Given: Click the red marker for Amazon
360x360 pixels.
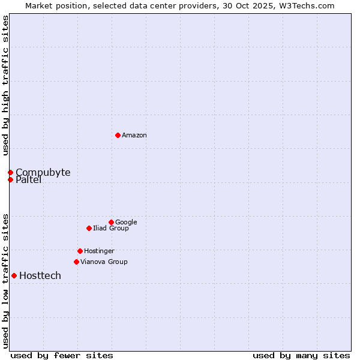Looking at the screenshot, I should [118, 135].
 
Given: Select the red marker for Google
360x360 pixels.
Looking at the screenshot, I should [111, 222].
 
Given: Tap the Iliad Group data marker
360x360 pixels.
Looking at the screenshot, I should [89, 228].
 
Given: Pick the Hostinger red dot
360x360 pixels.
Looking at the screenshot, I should [80, 251].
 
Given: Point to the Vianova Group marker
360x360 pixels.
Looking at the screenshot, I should [76, 262].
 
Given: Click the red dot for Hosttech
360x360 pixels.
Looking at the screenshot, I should [14, 275].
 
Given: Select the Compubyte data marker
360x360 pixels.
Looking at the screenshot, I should [10, 172].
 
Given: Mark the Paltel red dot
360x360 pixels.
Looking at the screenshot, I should [10, 179].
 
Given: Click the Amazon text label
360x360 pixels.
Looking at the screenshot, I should [134, 136].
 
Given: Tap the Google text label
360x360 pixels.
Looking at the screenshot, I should [126, 223].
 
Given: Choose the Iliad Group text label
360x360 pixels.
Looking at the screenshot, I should [111, 229].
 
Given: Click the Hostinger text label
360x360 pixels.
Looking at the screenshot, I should [99, 251].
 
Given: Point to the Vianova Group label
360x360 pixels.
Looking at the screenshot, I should [104, 262].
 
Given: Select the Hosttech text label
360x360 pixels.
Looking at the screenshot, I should [40, 276].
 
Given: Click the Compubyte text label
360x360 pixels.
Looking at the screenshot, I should [43, 173].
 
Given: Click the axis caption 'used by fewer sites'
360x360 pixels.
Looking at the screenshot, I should [62, 355].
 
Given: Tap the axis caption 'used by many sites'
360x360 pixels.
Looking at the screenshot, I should [301, 355].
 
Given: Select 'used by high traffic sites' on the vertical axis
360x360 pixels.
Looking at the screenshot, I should [5, 86].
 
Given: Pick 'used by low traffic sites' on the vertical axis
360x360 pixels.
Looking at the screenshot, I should [5, 280].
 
